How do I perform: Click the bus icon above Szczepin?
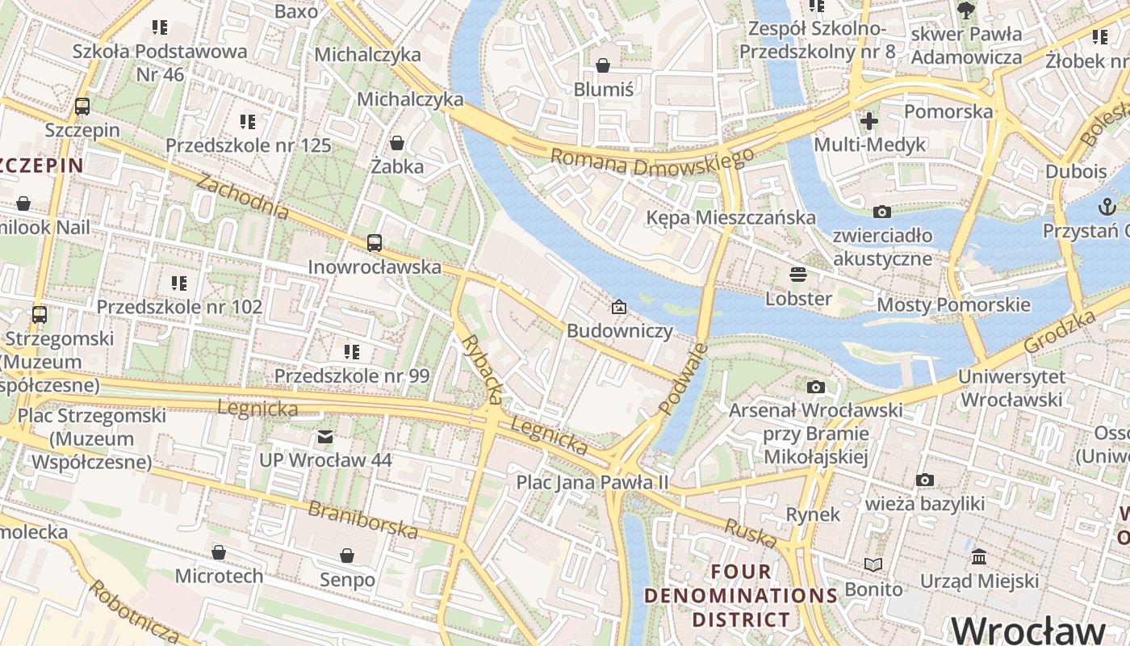82,106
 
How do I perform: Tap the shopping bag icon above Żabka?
397,143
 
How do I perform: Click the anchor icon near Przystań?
1105,207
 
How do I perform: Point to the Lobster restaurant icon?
798,275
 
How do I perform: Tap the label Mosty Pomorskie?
953,304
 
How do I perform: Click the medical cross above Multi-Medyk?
869,121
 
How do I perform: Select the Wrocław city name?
1027,629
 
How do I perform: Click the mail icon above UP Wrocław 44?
324,437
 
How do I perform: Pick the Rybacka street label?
483,369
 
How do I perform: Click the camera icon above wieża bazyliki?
925,480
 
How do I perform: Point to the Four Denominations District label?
741,596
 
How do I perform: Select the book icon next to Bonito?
873,564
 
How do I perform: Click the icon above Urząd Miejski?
979,557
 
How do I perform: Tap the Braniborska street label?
363,519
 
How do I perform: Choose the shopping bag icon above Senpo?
347,556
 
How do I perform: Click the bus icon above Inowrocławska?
374,242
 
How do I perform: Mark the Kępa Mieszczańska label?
731,217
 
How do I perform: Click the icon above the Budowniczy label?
619,307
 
